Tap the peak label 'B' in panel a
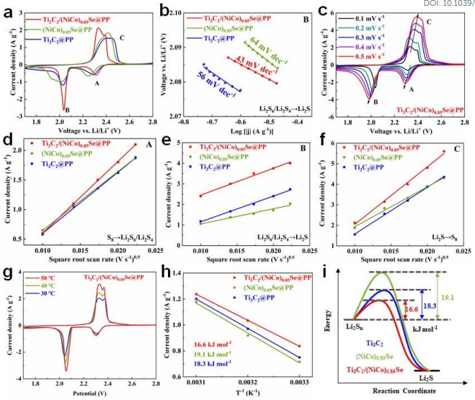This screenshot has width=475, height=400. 67,110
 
